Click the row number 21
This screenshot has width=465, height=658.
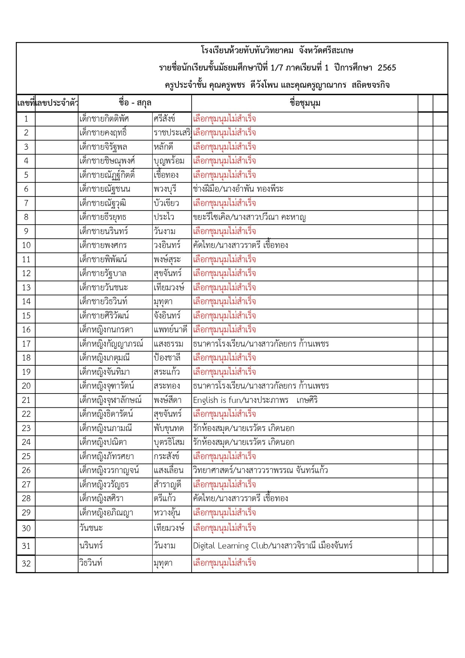tap(26, 400)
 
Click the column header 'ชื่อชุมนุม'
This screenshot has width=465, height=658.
tap(305, 103)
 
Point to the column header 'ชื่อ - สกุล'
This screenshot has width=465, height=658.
tap(135, 103)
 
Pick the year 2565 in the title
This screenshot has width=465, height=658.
tap(387, 68)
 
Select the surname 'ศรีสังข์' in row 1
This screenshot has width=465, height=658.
tap(164, 119)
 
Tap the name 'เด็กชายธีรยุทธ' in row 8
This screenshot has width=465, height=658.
tap(103, 217)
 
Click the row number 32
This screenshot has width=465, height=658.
tap(26, 563)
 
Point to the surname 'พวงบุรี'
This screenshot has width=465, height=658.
tap(165, 189)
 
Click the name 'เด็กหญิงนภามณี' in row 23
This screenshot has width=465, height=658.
tap(106, 428)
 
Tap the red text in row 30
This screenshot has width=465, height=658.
tap(224, 528)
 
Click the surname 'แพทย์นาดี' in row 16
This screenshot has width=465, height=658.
tap(170, 330)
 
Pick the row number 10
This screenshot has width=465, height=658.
tap(26, 245)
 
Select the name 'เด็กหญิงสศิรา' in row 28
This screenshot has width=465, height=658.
tap(101, 499)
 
